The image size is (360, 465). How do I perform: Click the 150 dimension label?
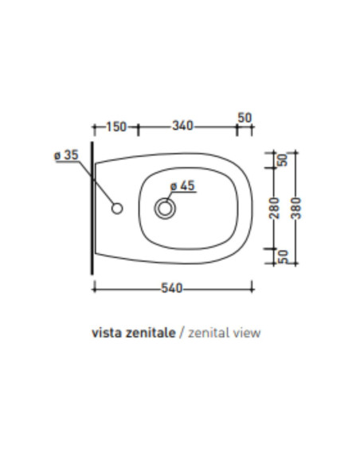click(x=116, y=127)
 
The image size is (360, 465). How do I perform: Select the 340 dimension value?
click(x=182, y=126)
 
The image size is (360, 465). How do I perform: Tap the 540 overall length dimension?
click(x=172, y=288)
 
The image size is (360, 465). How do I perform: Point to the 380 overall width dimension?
click(x=295, y=208)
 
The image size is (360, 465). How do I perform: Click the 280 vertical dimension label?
click(x=274, y=208)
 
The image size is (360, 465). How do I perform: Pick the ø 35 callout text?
click(x=66, y=154)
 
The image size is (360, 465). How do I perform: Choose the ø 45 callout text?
click(x=182, y=186)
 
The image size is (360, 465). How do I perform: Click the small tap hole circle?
click(x=117, y=209)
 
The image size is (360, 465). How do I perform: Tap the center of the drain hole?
click(x=165, y=208)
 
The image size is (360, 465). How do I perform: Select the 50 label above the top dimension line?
click(x=245, y=118)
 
